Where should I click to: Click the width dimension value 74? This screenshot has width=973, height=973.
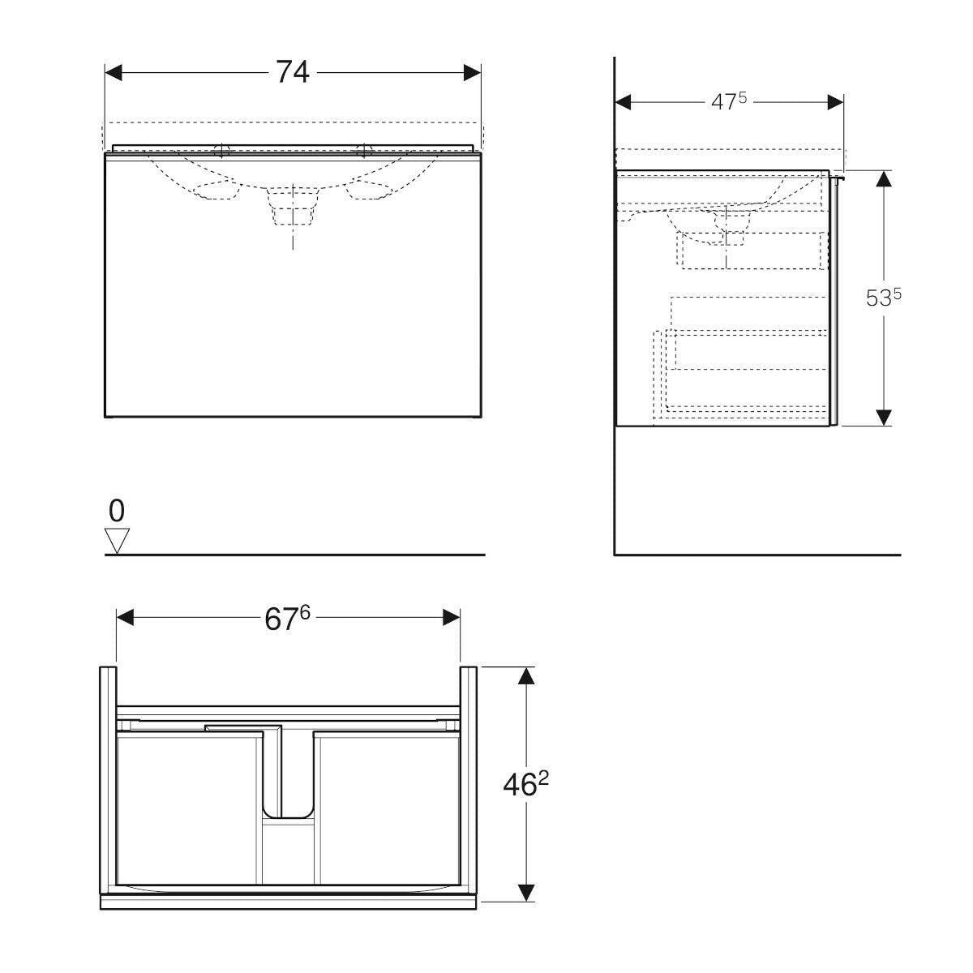(x=293, y=72)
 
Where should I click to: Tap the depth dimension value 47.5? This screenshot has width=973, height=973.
(x=729, y=101)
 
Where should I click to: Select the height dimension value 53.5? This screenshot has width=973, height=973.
(x=884, y=297)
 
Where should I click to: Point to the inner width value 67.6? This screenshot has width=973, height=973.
(x=287, y=618)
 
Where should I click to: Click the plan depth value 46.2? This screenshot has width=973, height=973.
(x=526, y=784)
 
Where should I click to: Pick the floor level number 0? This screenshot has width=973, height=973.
(x=117, y=511)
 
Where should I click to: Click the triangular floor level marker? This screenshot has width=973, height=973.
(x=117, y=541)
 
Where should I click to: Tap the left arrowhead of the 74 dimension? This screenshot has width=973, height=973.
(x=113, y=73)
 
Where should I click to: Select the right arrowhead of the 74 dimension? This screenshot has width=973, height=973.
(x=472, y=73)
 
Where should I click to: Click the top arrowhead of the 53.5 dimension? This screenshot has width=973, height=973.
(x=884, y=178)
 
